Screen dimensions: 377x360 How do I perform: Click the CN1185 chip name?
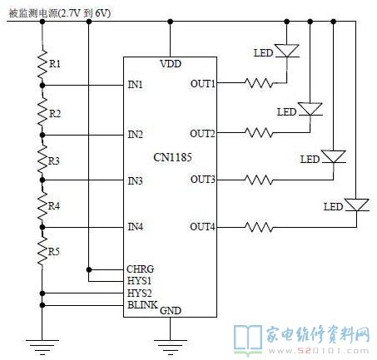coord(172,157)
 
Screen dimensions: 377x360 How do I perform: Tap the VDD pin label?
coord(171,64)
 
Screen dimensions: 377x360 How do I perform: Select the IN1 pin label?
coord(135,84)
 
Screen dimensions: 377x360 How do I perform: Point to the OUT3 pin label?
coord(202,180)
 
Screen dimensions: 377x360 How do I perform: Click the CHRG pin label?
coord(141,269)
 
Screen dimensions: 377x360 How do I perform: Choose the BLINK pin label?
coord(142,304)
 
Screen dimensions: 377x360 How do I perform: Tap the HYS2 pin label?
coord(139,293)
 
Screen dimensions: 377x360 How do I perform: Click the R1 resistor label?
coord(55,64)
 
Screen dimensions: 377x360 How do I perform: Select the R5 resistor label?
coord(54,252)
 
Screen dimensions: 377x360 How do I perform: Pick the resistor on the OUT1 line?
coord(259,83)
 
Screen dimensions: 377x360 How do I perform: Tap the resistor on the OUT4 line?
coord(259,227)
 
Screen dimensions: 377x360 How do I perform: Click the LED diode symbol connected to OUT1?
coord(287,51)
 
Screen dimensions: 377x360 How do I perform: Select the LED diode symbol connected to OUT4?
coord(357,205)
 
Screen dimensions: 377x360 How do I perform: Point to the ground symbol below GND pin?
coord(170,348)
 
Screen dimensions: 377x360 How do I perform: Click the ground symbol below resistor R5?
coord(42,348)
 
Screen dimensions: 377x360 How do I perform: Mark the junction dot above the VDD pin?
coord(171,22)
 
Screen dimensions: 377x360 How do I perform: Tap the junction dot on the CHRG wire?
coord(89,269)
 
